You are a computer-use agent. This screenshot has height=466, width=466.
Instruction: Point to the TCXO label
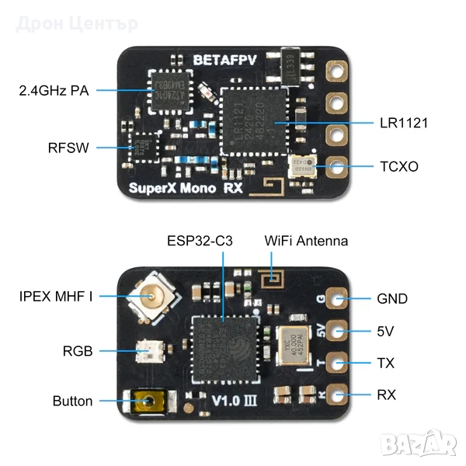(x=398, y=166)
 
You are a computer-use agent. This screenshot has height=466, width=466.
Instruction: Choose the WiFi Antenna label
(x=306, y=241)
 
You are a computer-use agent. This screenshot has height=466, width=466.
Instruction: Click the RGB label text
(x=78, y=351)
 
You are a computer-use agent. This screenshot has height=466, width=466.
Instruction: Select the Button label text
(x=72, y=402)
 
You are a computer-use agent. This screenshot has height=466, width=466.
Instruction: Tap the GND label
(x=391, y=299)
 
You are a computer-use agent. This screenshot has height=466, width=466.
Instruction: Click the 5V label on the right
(x=385, y=332)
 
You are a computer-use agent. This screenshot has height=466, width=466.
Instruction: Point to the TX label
(x=386, y=363)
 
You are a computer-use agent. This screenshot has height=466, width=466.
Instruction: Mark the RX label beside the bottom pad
(x=386, y=395)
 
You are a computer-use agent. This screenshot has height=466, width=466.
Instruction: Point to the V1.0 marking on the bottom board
(x=221, y=401)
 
